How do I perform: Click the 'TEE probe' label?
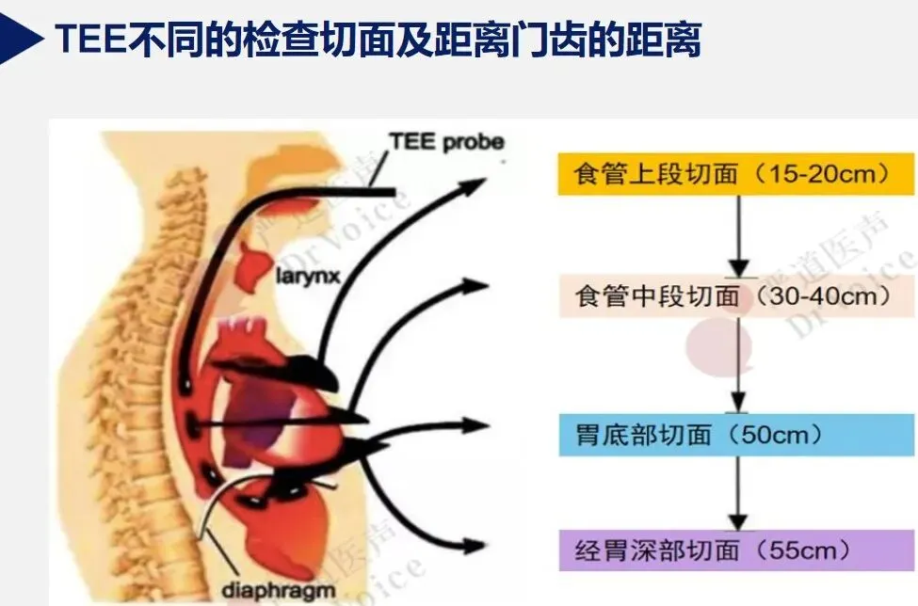[x=446, y=143]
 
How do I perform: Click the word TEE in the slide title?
[x=89, y=40]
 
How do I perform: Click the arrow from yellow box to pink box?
[x=740, y=235]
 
